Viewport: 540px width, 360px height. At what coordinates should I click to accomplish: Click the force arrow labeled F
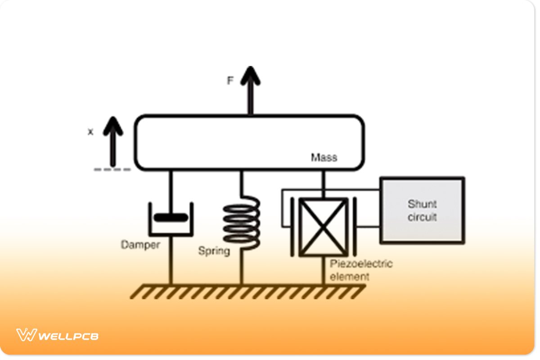point(250,90)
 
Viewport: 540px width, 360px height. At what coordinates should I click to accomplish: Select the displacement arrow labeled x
point(113,142)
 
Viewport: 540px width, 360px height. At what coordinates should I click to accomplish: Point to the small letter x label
point(90,132)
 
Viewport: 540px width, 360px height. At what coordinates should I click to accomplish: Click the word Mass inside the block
point(324,158)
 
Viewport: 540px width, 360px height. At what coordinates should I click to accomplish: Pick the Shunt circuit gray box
point(422,210)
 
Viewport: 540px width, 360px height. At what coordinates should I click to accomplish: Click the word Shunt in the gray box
point(422,204)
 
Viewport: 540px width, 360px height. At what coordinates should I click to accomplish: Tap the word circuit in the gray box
point(422,217)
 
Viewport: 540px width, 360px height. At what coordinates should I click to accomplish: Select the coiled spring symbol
point(242,223)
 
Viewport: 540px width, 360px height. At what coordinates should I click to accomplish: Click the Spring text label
point(214,251)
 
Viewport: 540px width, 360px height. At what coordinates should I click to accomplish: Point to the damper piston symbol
point(171,218)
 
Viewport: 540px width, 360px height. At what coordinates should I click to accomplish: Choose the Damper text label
point(140,245)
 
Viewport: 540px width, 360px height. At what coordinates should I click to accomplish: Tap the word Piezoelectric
point(361,264)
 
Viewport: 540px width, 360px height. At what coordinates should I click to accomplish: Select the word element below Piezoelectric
point(349,276)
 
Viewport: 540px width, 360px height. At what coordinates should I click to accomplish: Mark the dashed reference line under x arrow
point(112,170)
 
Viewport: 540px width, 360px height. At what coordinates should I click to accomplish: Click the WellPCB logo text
point(68,336)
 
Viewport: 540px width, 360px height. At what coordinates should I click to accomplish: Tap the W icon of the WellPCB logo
point(26,335)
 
